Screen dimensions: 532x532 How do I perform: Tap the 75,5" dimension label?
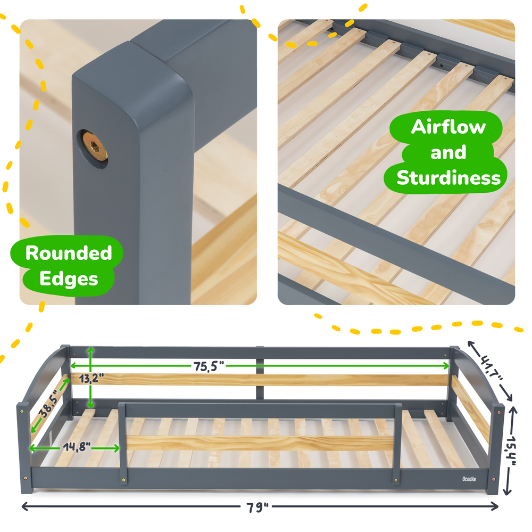coord(208,365)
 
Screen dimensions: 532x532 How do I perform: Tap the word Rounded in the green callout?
coord(69,253)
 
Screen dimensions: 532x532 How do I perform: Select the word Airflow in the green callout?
coord(448,127)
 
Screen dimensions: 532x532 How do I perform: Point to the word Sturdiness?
coord(448,177)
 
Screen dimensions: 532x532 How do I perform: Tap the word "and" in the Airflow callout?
coord(448,153)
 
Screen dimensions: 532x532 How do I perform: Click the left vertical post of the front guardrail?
coord(123,442)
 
